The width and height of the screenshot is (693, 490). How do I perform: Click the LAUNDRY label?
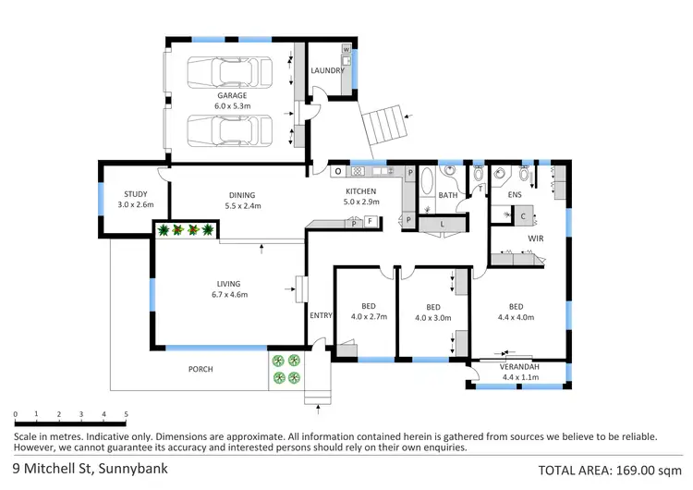tap(327, 70)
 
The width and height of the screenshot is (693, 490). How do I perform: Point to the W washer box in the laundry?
tap(346, 49)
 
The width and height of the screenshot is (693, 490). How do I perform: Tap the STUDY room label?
tap(136, 194)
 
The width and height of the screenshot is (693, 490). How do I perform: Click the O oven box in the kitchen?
tap(337, 171)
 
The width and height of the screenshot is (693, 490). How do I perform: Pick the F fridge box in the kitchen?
tap(370, 221)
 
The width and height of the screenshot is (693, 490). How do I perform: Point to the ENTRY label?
tap(321, 316)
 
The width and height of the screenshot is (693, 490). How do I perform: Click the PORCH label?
tap(200, 369)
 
